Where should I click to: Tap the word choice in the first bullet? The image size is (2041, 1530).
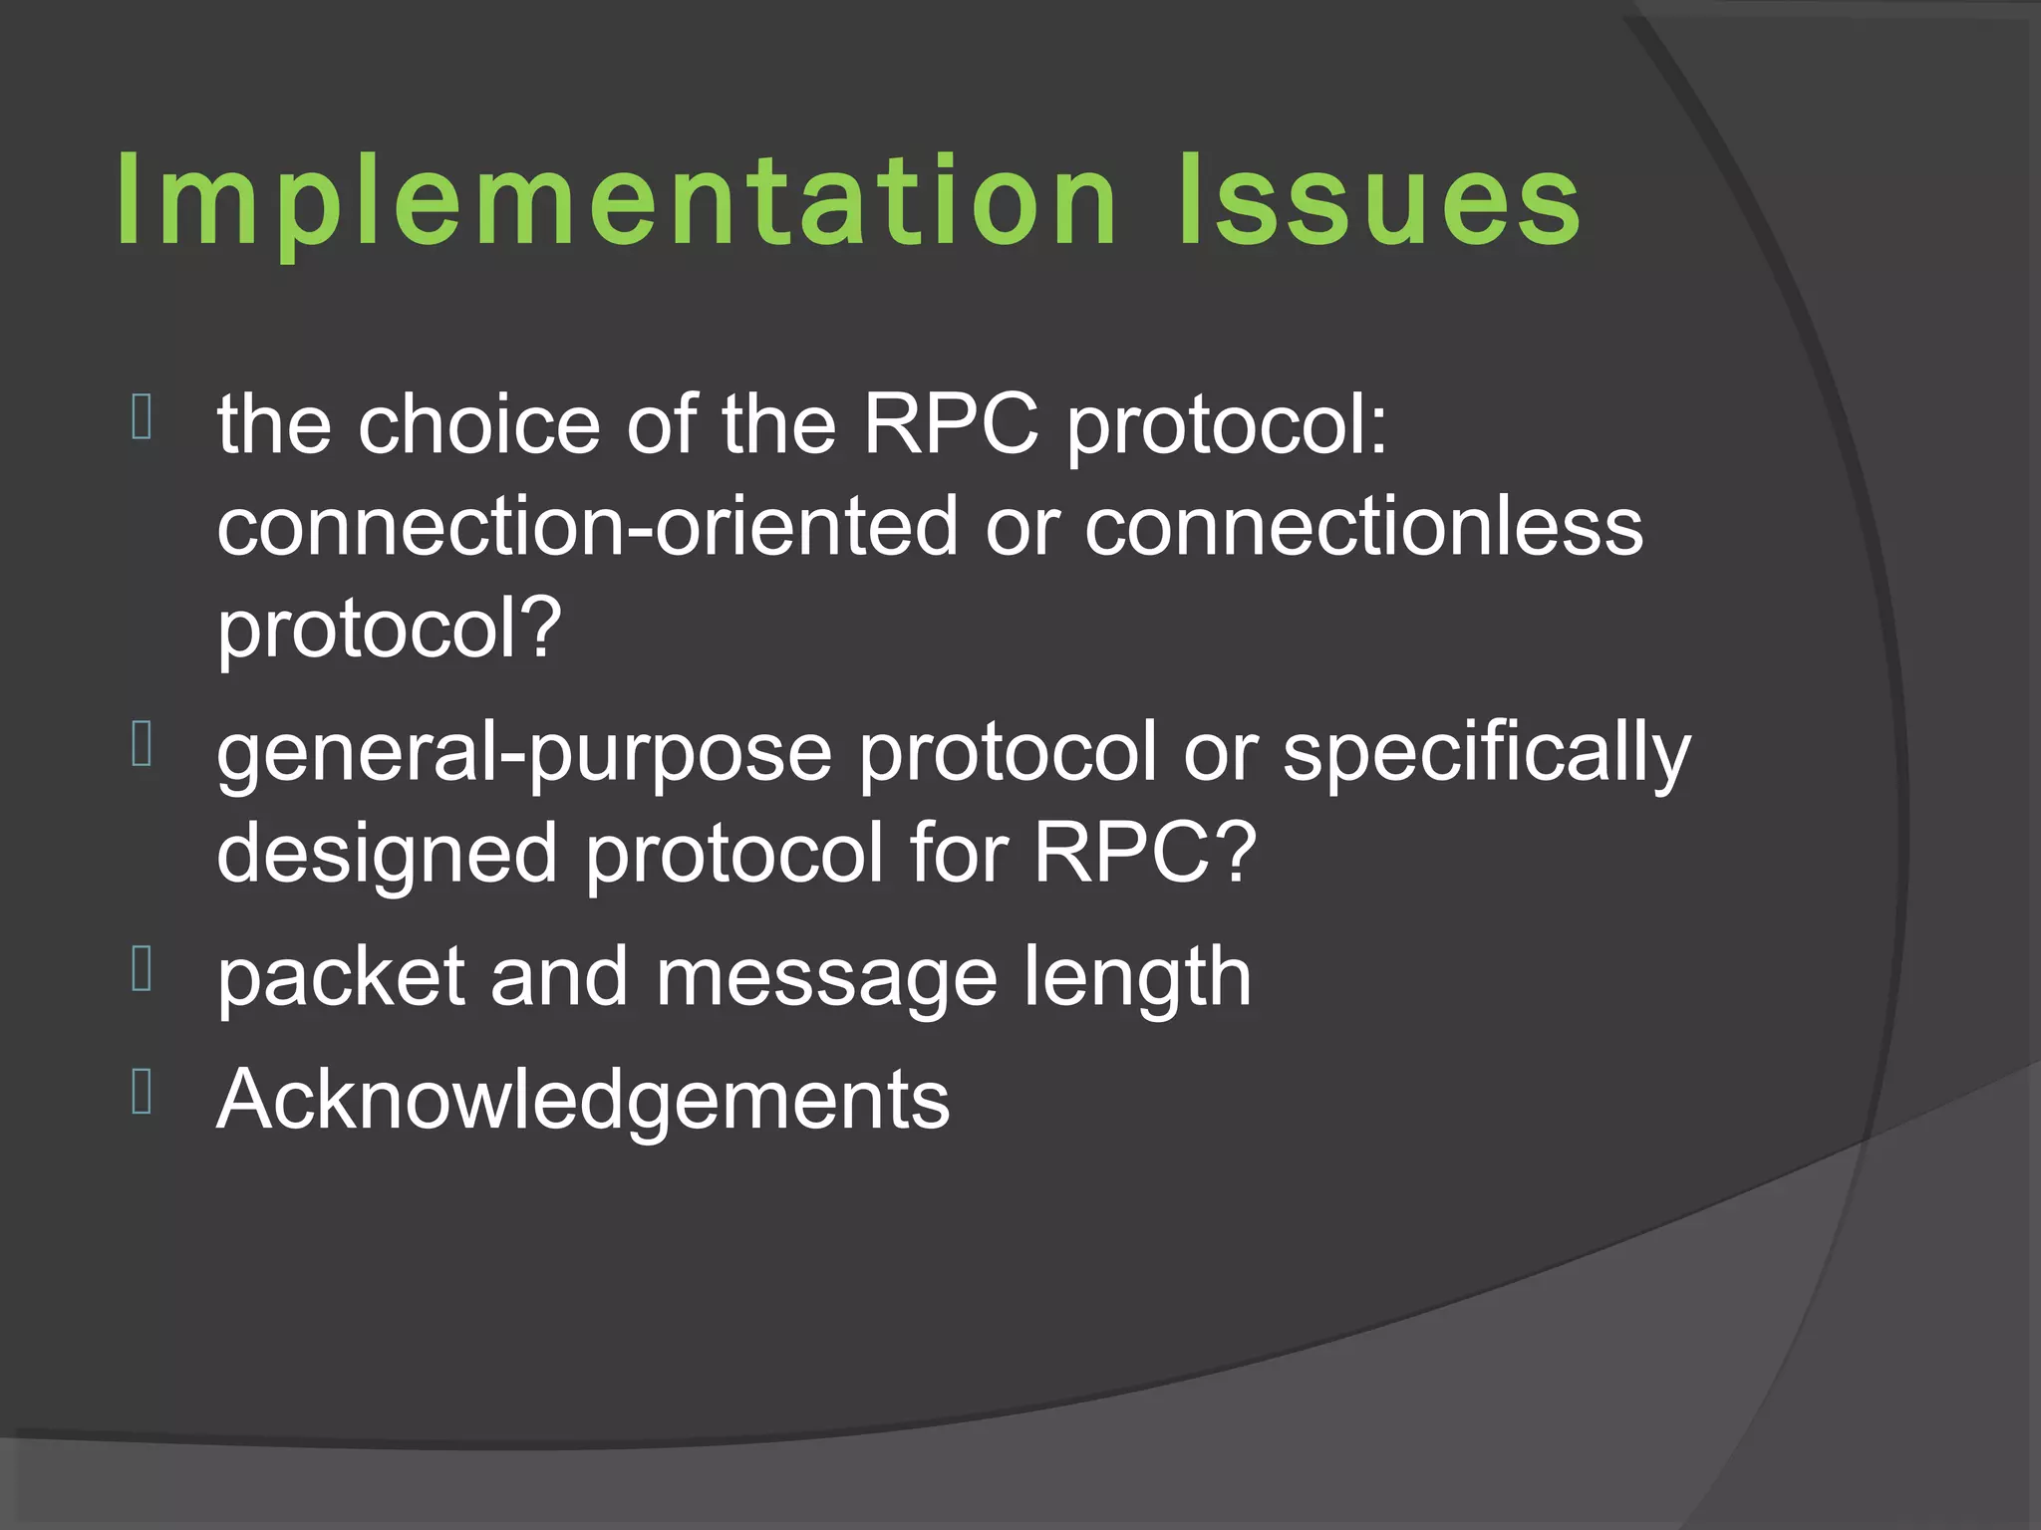coord(478,425)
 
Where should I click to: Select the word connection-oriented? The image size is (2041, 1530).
coord(587,528)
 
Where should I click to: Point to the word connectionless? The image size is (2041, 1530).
coord(1363,528)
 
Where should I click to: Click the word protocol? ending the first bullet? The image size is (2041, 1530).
coord(390,632)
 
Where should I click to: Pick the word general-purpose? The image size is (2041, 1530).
coord(524,754)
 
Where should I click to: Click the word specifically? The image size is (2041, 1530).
coord(1486,754)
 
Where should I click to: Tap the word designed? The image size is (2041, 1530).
coord(387,856)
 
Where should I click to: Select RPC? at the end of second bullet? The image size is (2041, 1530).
coord(1144,854)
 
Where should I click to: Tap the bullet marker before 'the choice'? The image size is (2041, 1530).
coord(142,417)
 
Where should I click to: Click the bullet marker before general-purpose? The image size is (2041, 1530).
coord(142,745)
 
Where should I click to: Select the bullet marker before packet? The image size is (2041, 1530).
coord(142,970)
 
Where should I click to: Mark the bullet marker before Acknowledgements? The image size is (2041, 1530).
coord(142,1092)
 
